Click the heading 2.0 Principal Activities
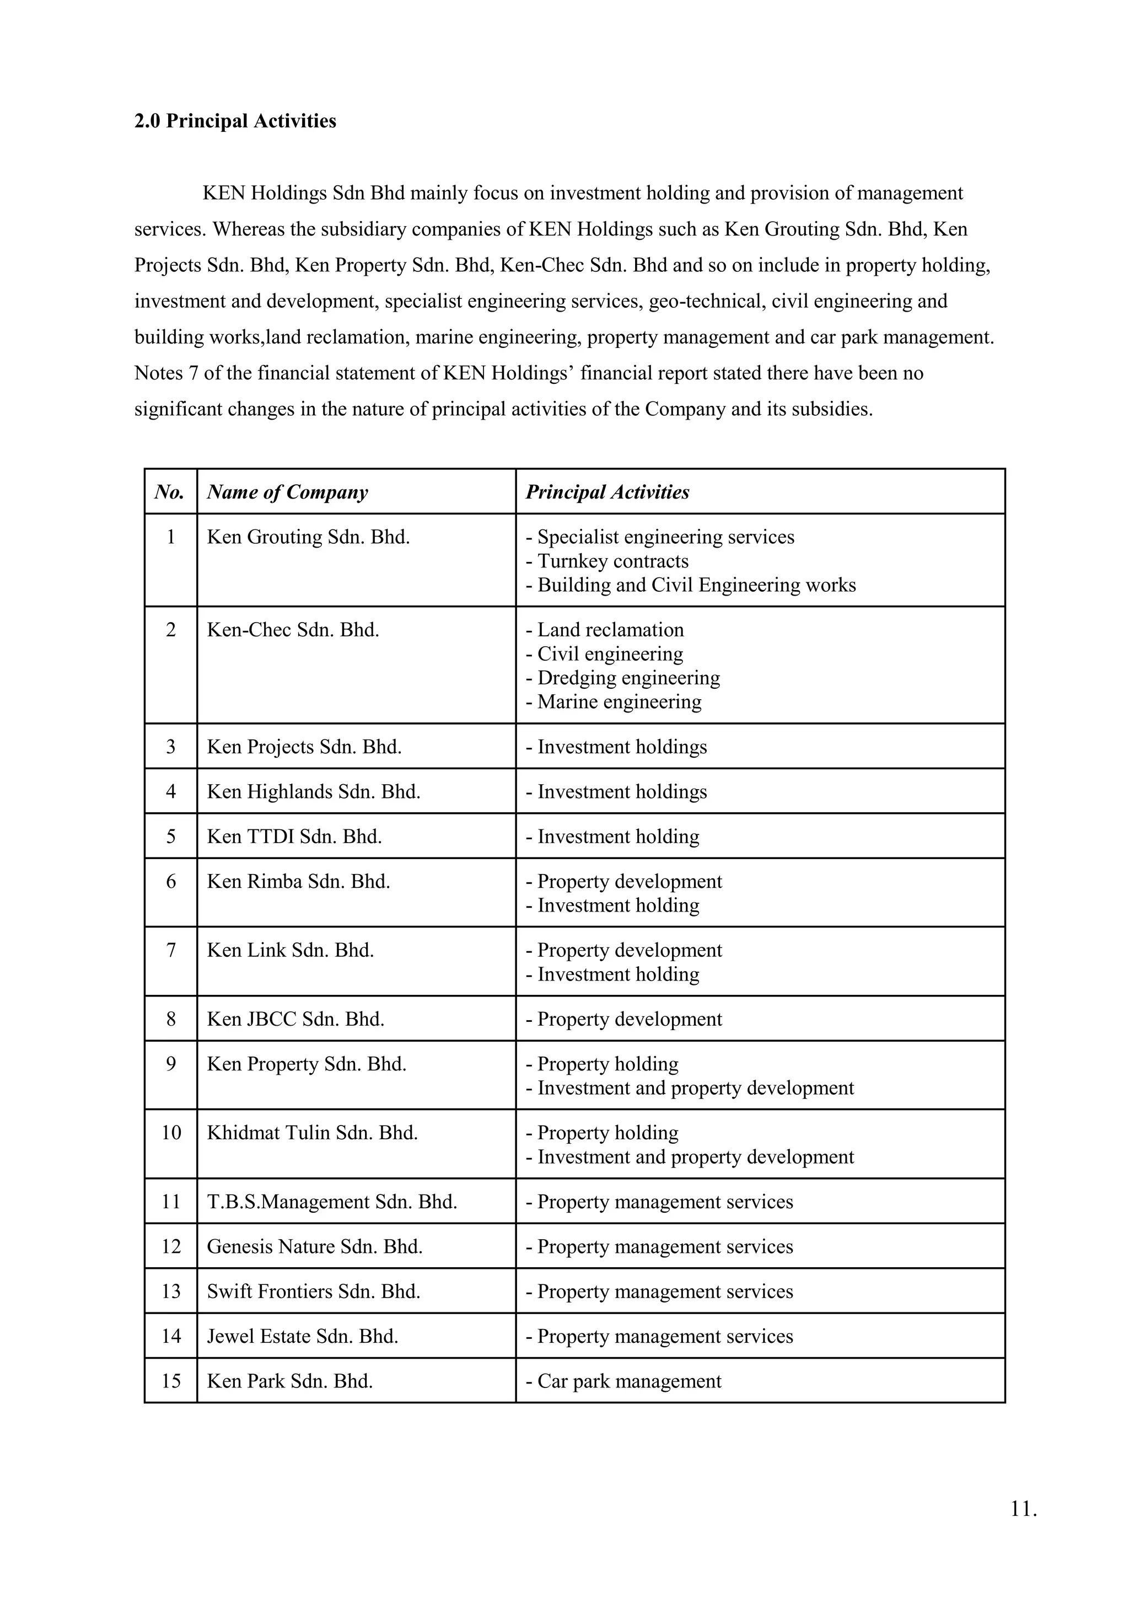tap(235, 121)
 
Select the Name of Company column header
tap(287, 492)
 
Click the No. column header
tap(170, 492)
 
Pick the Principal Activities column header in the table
tap(607, 492)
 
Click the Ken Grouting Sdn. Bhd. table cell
tap(308, 538)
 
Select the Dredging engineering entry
tap(623, 678)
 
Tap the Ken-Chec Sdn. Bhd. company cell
tap(293, 630)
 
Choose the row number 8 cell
tap(171, 1020)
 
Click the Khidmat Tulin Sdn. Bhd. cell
tap(312, 1133)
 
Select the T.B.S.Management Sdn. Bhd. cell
tap(332, 1202)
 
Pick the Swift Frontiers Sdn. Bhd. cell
tap(314, 1291)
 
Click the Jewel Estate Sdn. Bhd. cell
tap(303, 1336)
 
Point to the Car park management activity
tap(623, 1381)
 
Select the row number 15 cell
tap(171, 1381)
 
